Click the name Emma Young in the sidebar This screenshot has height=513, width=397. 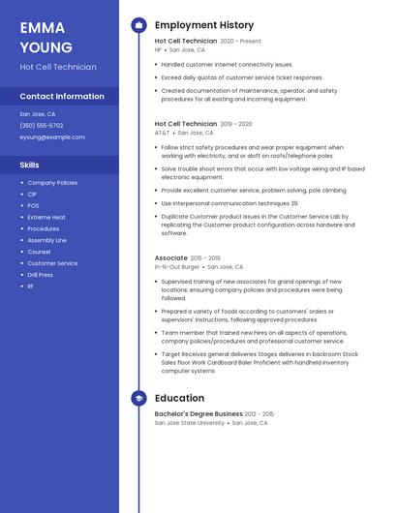[x=46, y=38]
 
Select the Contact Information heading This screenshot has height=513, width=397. [x=62, y=96]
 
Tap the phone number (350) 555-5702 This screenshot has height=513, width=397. [x=42, y=125]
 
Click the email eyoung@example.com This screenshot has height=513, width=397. [x=52, y=136]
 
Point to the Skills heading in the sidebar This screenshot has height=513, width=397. [x=30, y=165]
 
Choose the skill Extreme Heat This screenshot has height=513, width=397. [x=46, y=217]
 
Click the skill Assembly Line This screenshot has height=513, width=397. [x=46, y=240]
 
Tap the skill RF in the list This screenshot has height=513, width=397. [x=31, y=287]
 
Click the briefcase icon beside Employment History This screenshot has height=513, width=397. [x=138, y=25]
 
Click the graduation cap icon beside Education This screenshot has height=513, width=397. [x=138, y=398]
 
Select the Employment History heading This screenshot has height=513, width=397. [x=204, y=25]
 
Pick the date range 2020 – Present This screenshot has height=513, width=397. [x=241, y=42]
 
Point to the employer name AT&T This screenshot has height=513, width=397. [x=162, y=133]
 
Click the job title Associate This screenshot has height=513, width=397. [x=171, y=258]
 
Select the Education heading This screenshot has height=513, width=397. [x=179, y=398]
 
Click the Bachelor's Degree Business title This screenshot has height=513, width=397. [x=198, y=414]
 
